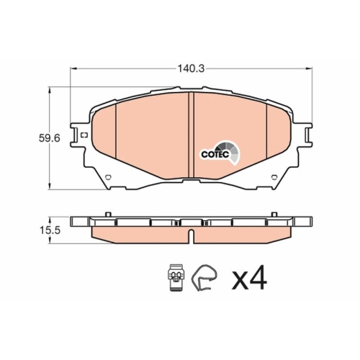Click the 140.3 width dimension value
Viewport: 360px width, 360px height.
tap(191, 69)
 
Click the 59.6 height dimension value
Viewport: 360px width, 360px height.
tap(49, 138)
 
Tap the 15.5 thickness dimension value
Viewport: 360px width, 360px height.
tap(50, 230)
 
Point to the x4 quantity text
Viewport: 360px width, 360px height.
tap(249, 278)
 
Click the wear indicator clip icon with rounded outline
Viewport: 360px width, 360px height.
tap(204, 278)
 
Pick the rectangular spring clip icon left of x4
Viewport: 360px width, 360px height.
tap(176, 278)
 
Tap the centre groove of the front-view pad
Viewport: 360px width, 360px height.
tap(191, 135)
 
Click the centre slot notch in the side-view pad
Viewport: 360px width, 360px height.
tap(191, 237)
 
